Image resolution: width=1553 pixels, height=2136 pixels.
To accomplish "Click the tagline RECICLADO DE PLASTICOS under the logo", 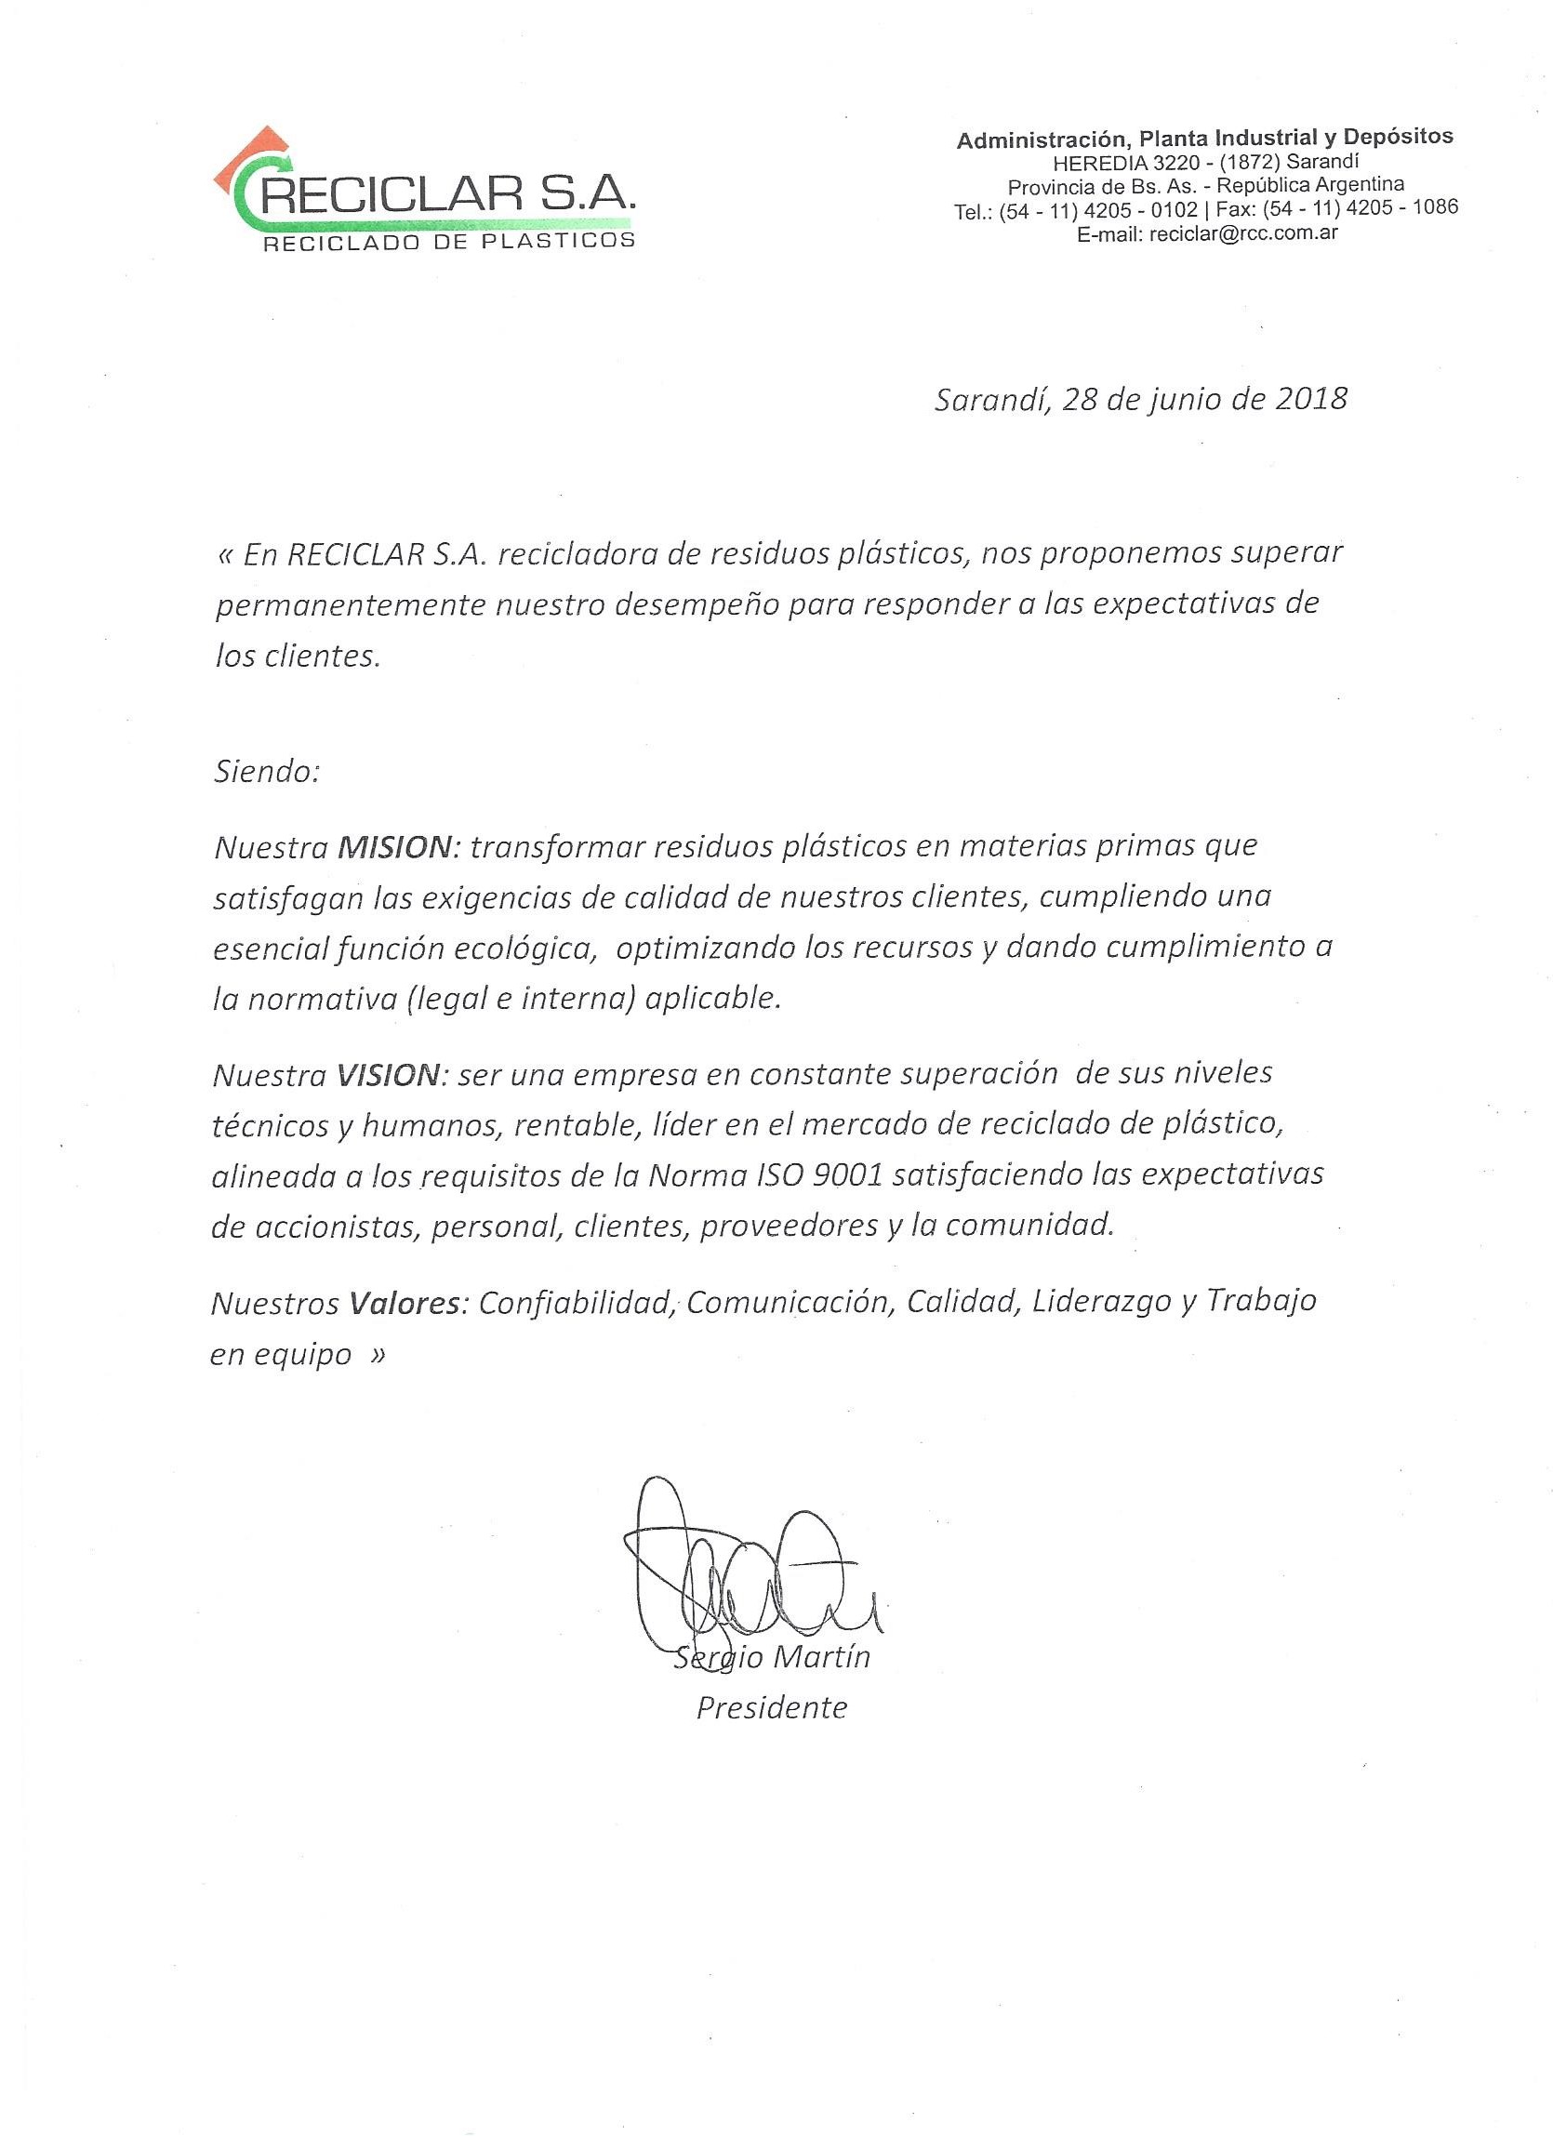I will (448, 241).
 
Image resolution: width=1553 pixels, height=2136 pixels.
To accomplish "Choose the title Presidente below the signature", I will (771, 1707).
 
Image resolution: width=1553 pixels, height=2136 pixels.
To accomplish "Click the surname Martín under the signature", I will (820, 1658).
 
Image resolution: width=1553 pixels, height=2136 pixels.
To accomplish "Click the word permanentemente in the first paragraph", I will (349, 605).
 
